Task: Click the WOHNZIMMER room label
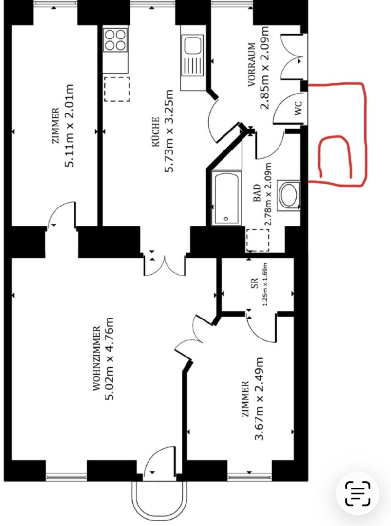tap(96, 358)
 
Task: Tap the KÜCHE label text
tap(156, 131)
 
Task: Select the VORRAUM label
tap(252, 64)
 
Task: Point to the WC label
tap(298, 108)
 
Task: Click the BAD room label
tap(257, 192)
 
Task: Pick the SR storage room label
tap(255, 283)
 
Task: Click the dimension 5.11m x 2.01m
tap(69, 125)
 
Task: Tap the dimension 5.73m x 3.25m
tap(168, 131)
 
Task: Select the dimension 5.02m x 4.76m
tap(110, 358)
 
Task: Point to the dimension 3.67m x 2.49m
tap(259, 398)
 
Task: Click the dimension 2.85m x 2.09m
tap(265, 67)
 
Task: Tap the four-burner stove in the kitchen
tap(115, 39)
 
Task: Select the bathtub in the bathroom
tap(226, 198)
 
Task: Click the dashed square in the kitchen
tap(116, 89)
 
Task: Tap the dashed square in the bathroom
tap(258, 240)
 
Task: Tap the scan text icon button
tap(357, 493)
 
